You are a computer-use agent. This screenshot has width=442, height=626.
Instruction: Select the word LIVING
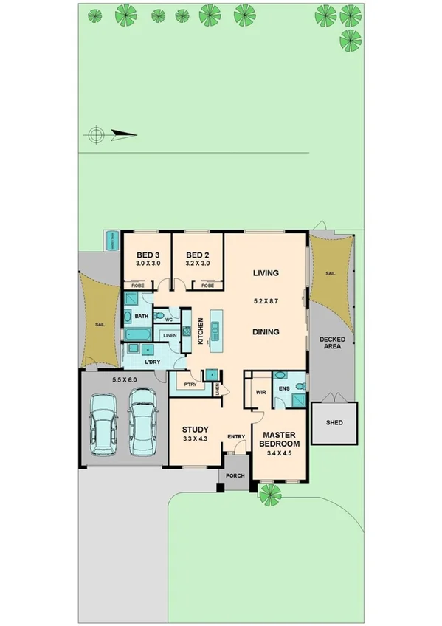point(266,273)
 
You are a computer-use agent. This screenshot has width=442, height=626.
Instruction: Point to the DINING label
point(266,332)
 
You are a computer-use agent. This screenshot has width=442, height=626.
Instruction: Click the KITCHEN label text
point(199,330)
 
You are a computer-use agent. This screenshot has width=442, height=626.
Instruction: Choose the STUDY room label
point(196,430)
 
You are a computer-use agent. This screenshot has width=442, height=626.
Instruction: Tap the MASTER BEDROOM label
point(280,439)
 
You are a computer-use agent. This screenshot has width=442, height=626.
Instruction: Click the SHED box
point(334,424)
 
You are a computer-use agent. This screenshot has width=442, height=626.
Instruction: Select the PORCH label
point(235,475)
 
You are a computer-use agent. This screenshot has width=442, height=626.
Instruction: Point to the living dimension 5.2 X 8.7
point(266,301)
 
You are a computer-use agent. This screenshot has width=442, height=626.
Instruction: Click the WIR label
point(260,393)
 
